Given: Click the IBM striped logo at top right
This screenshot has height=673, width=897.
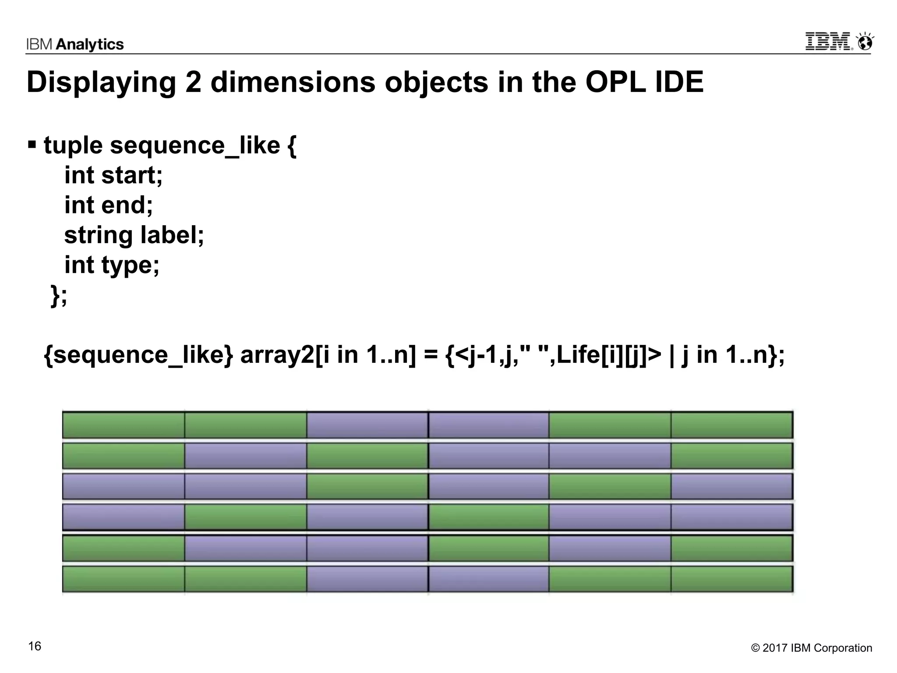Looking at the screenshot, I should pyautogui.click(x=828, y=42).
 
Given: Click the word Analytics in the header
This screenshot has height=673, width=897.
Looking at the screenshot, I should pyautogui.click(x=90, y=44).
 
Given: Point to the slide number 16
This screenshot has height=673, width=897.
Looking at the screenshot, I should pyautogui.click(x=35, y=646).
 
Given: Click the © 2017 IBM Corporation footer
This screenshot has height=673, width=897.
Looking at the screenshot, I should pyautogui.click(x=811, y=648).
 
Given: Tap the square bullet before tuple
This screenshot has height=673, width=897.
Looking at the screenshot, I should pyautogui.click(x=32, y=144).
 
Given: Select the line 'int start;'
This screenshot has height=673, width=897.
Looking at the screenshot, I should pyautogui.click(x=113, y=175).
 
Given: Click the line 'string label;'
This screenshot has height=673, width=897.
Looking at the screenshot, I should pyautogui.click(x=134, y=235).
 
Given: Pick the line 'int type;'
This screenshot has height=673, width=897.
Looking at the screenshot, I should pyautogui.click(x=112, y=265).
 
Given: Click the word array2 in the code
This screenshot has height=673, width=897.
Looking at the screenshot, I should pyautogui.click(x=277, y=354).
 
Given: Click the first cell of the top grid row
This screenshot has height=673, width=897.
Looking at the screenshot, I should pyautogui.click(x=124, y=425).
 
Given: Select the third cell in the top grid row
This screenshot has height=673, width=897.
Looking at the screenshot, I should pyautogui.click(x=367, y=425).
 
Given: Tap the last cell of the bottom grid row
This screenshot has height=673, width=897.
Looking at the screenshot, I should pyautogui.click(x=731, y=579).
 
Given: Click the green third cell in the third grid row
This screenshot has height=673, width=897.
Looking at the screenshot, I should pyautogui.click(x=367, y=486).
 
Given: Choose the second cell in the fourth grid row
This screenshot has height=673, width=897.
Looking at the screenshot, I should pyautogui.click(x=245, y=517).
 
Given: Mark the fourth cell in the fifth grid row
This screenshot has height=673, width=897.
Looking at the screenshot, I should pyautogui.click(x=488, y=548).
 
